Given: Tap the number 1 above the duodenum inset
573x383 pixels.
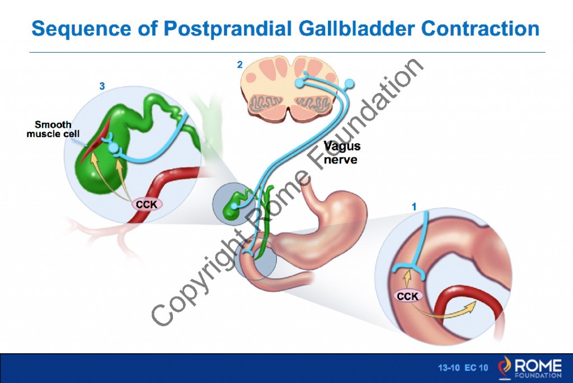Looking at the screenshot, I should pos(414,207).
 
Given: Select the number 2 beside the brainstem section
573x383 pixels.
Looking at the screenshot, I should pos(239,65).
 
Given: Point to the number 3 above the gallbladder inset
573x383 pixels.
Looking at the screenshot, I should pos(102,86).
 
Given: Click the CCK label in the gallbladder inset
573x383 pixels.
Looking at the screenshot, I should pos(147,205).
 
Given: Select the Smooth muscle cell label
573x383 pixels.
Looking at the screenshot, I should pos(53,129).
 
